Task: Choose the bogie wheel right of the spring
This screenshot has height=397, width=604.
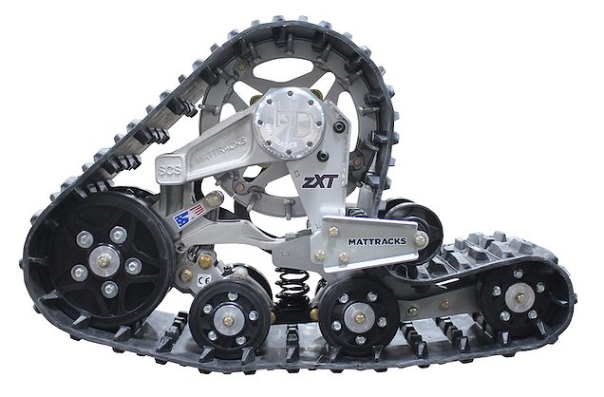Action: (357, 317)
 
